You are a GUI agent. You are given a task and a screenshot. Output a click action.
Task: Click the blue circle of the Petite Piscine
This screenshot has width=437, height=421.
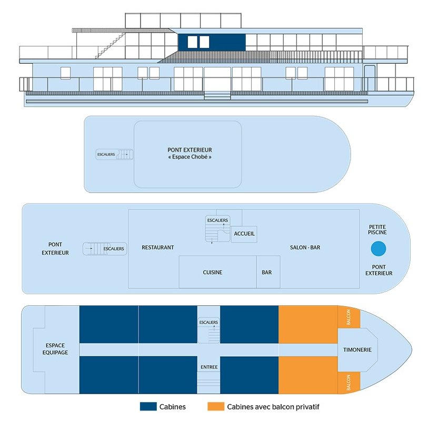(x=379, y=249)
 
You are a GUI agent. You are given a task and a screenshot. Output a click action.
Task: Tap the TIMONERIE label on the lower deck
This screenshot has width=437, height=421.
(x=357, y=349)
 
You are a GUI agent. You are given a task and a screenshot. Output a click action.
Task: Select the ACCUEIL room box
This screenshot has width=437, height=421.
(x=244, y=234)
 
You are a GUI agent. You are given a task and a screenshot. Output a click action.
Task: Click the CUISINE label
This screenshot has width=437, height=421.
(x=213, y=272)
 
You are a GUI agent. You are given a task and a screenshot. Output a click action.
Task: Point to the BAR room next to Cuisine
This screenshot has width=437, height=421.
(x=268, y=272)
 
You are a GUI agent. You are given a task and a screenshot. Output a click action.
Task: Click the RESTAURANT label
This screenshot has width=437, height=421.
(x=158, y=247)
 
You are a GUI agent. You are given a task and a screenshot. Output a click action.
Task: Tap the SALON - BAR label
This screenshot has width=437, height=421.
(x=305, y=247)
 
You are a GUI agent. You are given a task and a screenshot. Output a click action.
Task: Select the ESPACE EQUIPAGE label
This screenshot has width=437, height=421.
(x=55, y=349)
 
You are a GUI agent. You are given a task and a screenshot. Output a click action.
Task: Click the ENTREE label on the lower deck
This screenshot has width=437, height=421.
(x=209, y=367)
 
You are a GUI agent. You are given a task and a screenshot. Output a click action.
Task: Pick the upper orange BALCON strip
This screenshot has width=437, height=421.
(x=349, y=317)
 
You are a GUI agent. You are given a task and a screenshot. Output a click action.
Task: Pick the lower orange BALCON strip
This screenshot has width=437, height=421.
(x=349, y=383)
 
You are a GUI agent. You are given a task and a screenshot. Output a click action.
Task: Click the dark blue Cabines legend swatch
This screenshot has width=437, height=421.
(x=148, y=406)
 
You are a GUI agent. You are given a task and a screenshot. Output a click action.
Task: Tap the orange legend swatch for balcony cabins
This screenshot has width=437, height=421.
(x=216, y=406)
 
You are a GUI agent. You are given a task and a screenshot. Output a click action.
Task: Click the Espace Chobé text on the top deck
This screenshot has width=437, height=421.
(x=190, y=157)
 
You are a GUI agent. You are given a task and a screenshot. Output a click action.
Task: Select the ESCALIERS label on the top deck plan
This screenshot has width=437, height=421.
(x=106, y=154)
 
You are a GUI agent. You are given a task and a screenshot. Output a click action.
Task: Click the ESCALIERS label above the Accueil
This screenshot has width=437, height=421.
(x=217, y=220)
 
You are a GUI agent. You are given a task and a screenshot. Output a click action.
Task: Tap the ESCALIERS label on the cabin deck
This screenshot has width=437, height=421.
(x=208, y=323)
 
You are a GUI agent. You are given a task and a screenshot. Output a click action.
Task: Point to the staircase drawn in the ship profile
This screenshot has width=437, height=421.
(x=111, y=45)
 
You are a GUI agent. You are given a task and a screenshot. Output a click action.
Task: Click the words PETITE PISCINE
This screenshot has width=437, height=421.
(x=378, y=229)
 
